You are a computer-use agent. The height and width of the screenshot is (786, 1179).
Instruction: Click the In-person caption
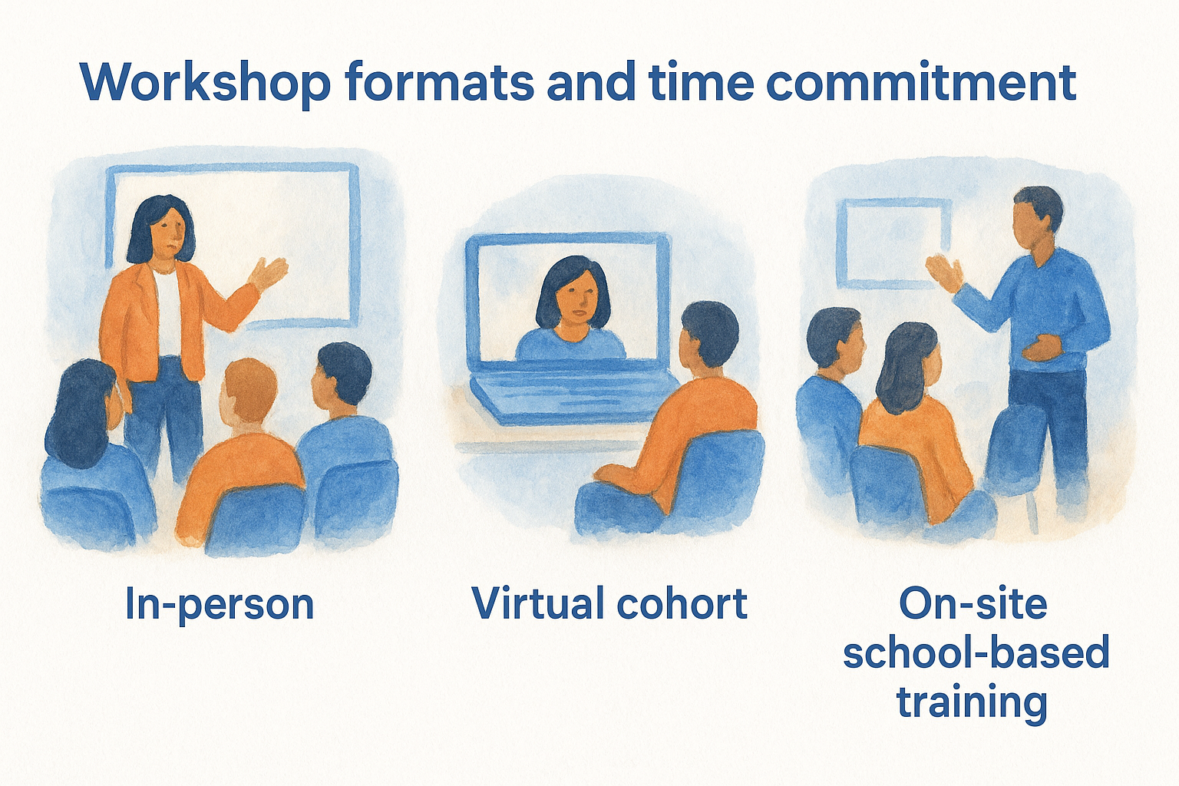pos(220,605)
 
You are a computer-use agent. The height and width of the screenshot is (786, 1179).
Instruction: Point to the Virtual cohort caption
pos(609,603)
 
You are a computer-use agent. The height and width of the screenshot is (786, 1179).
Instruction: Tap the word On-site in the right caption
pos(973,603)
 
